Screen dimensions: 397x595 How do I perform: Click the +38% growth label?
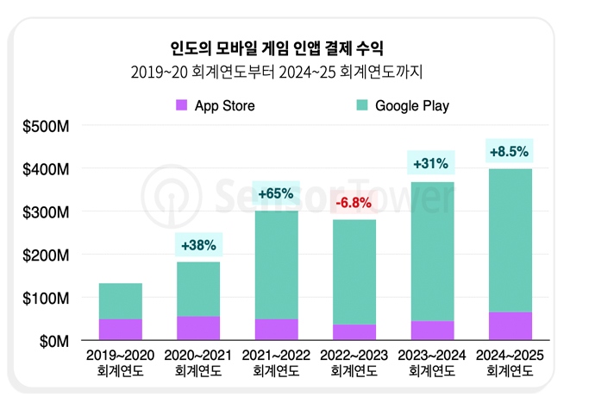(x=199, y=246)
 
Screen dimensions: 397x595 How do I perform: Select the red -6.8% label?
(x=353, y=204)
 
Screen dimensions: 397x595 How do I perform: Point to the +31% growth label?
(x=430, y=163)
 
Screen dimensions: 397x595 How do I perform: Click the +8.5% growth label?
(x=509, y=152)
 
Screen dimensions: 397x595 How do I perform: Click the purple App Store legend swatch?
(x=182, y=105)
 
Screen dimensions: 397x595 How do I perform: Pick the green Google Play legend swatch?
(x=361, y=105)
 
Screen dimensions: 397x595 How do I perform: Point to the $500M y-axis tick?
(x=47, y=127)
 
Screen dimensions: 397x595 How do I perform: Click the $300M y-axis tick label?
(x=47, y=212)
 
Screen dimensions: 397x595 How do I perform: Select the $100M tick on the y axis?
(x=47, y=299)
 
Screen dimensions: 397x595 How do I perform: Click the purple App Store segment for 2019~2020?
(x=121, y=330)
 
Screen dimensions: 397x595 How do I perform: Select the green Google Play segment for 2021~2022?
(x=276, y=265)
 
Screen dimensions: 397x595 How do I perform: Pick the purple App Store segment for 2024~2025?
(x=509, y=326)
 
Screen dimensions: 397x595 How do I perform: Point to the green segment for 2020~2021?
(x=198, y=289)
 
